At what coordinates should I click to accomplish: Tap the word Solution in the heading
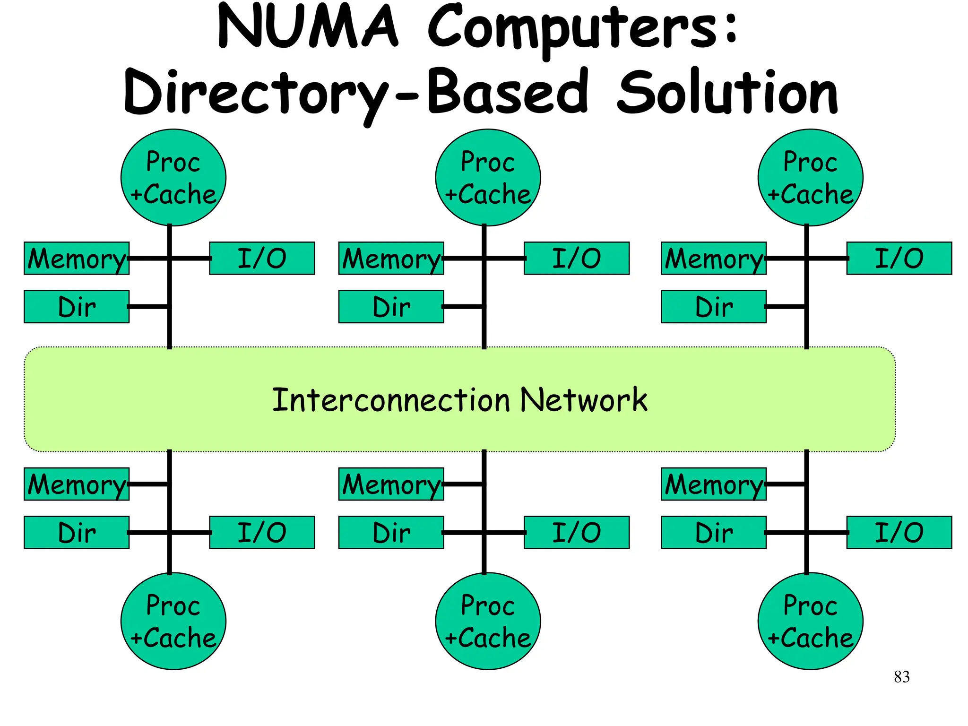(x=728, y=92)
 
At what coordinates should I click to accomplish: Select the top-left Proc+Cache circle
(x=173, y=178)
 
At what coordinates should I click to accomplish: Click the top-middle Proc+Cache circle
(x=488, y=178)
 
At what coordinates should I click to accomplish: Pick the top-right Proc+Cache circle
(x=810, y=178)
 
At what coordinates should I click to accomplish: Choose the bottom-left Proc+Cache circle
(x=173, y=621)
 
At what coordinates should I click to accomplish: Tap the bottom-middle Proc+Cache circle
(x=488, y=621)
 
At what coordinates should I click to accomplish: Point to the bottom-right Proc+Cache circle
(x=810, y=621)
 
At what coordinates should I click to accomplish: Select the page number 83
(x=901, y=677)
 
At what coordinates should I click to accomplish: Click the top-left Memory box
(x=77, y=259)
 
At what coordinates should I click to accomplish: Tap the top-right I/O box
(x=899, y=259)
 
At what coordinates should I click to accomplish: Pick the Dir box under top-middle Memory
(x=391, y=307)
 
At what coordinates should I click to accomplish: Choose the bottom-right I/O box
(x=899, y=532)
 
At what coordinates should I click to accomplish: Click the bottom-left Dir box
(x=77, y=532)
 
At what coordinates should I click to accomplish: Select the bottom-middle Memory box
(x=391, y=484)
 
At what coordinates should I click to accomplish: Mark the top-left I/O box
(x=262, y=259)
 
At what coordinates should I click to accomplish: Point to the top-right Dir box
(x=714, y=307)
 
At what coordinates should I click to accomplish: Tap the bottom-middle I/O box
(x=577, y=532)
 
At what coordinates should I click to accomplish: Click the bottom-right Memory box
(x=714, y=484)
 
